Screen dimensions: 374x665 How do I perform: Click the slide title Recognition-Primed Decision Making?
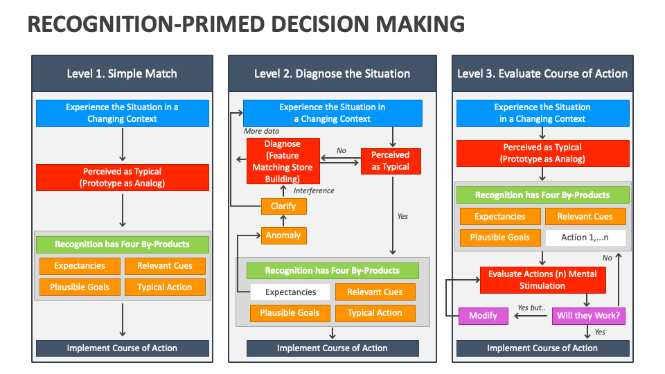(245, 24)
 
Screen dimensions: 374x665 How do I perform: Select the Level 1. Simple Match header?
(122, 73)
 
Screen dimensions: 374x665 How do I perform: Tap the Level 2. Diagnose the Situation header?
(332, 73)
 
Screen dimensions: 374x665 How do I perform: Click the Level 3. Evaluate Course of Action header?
(542, 73)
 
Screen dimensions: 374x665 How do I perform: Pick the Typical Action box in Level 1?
(165, 287)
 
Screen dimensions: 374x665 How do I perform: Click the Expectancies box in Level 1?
(80, 266)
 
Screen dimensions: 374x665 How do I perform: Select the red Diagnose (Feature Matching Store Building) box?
(283, 161)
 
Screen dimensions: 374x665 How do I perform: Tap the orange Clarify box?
(283, 206)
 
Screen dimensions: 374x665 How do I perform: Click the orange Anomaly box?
(283, 235)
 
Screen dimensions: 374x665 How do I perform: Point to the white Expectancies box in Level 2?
(290, 292)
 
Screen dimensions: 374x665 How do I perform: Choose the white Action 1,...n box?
(584, 238)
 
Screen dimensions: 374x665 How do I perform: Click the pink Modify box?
(483, 316)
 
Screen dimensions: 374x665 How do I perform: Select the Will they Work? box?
(589, 316)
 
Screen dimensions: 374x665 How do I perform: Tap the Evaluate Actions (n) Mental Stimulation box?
(542, 280)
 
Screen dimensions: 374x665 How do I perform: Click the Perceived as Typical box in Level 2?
(391, 161)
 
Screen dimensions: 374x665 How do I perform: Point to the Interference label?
(314, 190)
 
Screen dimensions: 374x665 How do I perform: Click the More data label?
(261, 131)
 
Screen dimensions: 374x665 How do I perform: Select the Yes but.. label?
(531, 308)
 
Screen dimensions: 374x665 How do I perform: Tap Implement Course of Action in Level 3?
(542, 348)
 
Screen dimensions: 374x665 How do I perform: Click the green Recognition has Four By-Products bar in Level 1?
(122, 244)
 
